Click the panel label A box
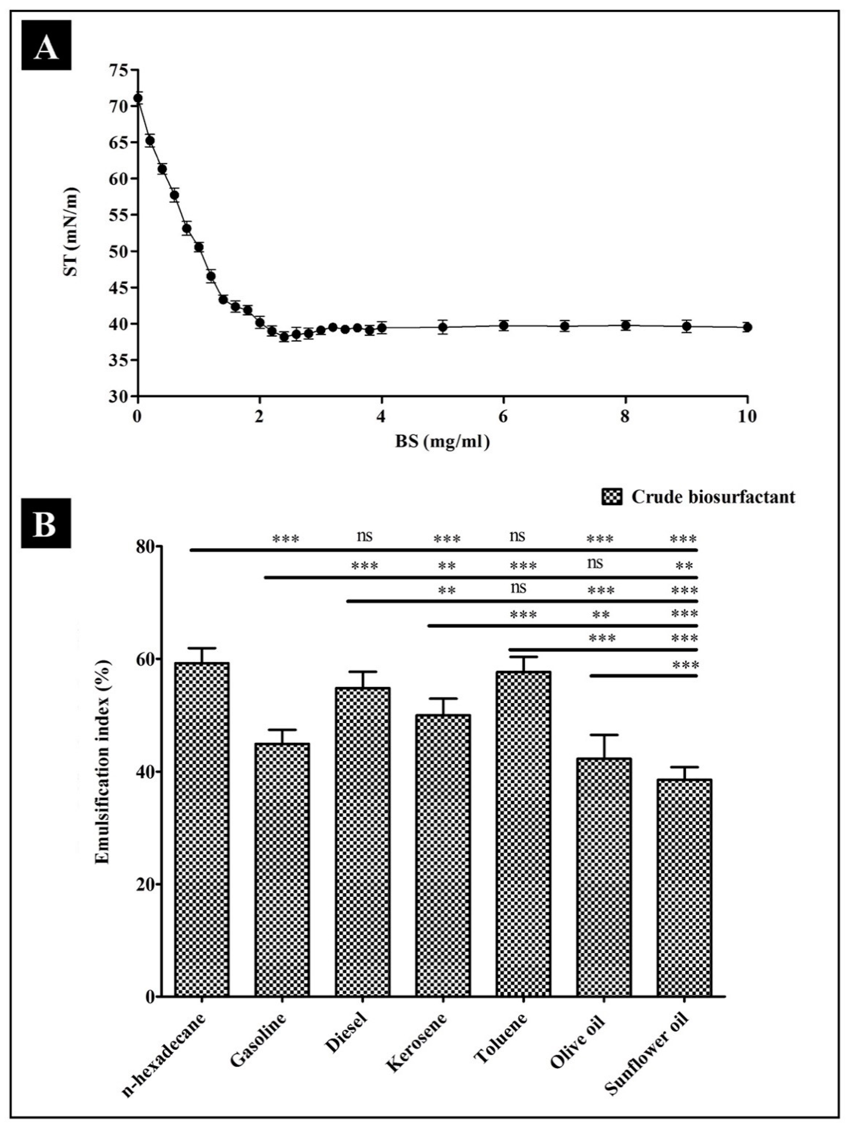pyautogui.click(x=46, y=45)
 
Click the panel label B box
pyautogui.click(x=46, y=523)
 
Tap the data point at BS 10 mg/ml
pyautogui.click(x=747, y=327)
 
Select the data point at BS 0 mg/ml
pyautogui.click(x=138, y=98)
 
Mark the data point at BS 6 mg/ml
pyautogui.click(x=504, y=326)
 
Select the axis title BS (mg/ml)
pyautogui.click(x=442, y=442)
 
